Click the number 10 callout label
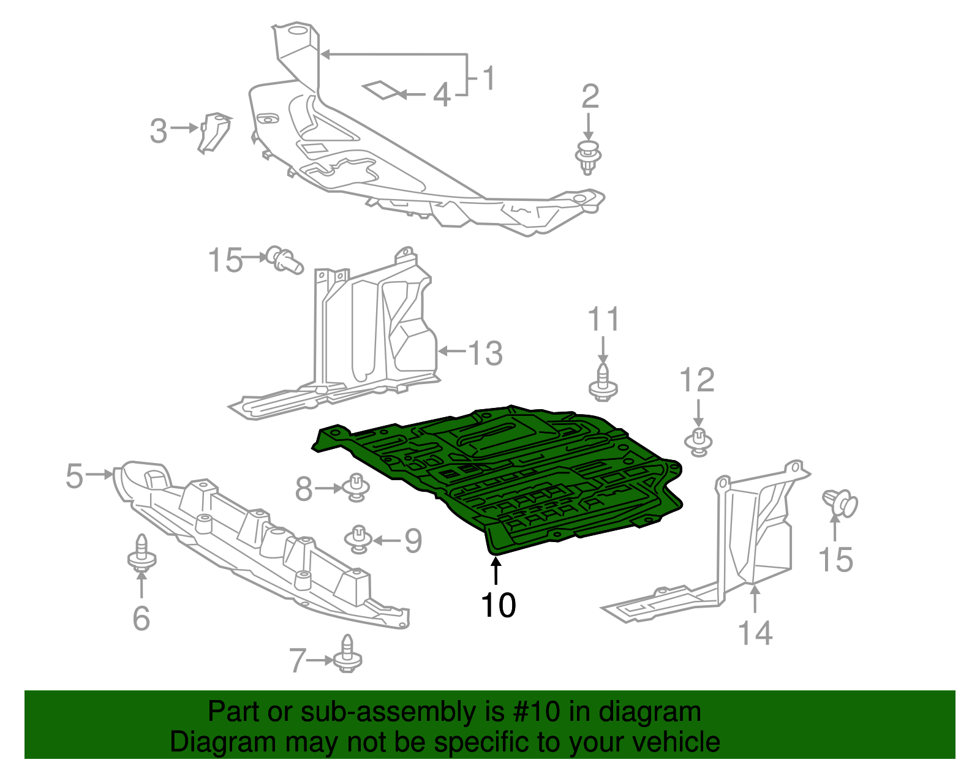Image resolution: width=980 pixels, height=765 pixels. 498,606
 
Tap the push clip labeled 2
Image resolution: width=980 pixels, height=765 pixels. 589,157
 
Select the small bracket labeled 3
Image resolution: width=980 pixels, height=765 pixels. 214,130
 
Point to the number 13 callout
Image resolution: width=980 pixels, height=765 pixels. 486,353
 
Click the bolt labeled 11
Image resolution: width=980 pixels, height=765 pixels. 603,383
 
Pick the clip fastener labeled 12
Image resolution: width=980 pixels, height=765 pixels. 698,442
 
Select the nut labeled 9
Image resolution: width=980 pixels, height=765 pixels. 358,538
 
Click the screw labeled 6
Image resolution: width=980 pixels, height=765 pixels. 141,554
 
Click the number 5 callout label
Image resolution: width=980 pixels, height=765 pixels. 74,476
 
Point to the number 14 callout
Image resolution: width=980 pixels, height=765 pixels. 755,632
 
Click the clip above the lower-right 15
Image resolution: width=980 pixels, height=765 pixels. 840,503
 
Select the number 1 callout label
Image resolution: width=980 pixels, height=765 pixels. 488,78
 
